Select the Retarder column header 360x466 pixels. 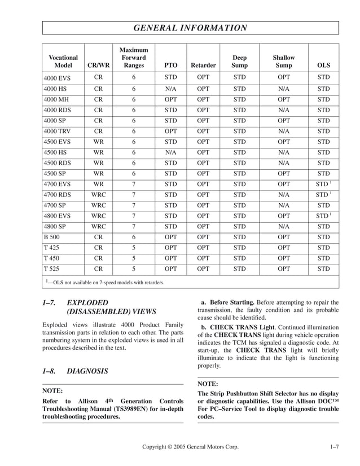(203, 65)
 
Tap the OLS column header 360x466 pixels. (323, 65)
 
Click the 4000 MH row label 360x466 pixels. (56, 99)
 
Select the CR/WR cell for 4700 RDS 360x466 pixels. (98, 195)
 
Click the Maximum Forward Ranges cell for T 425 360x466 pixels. (134, 248)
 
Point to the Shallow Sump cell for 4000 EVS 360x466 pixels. (284, 77)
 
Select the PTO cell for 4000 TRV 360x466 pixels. (170, 131)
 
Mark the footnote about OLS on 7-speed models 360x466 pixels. (105, 282)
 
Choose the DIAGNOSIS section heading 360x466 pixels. (87, 371)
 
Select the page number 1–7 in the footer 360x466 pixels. (333, 447)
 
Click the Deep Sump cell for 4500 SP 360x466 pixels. (239, 173)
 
